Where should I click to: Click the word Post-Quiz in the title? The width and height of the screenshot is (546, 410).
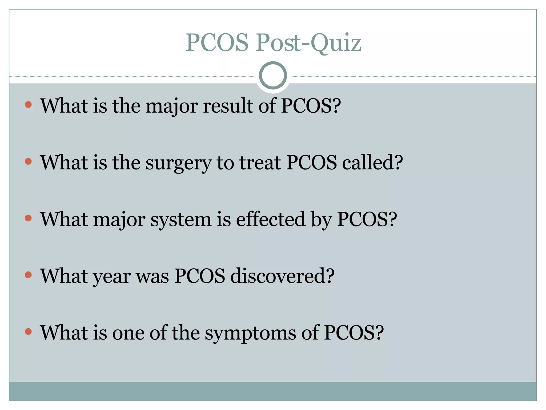[308, 43]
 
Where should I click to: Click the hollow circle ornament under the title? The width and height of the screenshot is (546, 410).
[273, 76]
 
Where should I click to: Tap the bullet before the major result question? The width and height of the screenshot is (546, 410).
[28, 104]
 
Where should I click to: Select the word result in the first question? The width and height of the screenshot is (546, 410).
[228, 106]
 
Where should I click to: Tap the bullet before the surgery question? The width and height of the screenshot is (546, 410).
[28, 161]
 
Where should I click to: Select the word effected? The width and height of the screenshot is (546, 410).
[270, 219]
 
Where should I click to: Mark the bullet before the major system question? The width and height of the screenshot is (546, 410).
[28, 218]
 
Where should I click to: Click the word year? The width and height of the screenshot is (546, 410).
[112, 277]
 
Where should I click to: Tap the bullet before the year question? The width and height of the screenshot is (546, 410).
[28, 275]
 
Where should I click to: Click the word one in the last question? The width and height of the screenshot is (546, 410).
[128, 333]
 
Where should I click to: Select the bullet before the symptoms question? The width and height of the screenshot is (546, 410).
[28, 332]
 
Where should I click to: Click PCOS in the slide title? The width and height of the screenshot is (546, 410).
[217, 43]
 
